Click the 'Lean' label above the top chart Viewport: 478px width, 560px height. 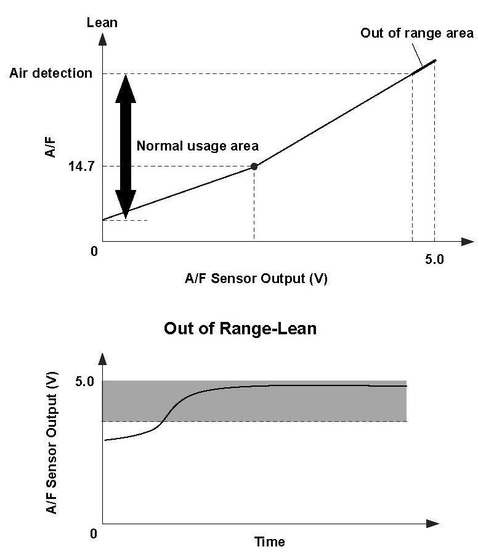pos(102,23)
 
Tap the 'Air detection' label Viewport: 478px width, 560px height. pos(51,73)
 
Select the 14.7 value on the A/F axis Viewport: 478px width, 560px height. pos(79,167)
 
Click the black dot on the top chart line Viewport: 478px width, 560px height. pos(254,167)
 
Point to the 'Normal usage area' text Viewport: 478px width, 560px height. pos(197,146)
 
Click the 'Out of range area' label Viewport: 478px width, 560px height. pos(417,33)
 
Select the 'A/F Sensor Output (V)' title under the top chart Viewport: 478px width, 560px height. pos(256,278)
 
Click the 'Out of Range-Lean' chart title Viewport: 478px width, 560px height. pos(240,329)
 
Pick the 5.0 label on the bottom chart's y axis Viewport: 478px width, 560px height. pos(84,381)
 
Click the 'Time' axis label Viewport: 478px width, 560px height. pos(270,542)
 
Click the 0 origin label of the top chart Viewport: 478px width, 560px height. pos(94,252)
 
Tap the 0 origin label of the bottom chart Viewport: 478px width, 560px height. pos(94,533)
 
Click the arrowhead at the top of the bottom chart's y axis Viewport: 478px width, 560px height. pos(102,360)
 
